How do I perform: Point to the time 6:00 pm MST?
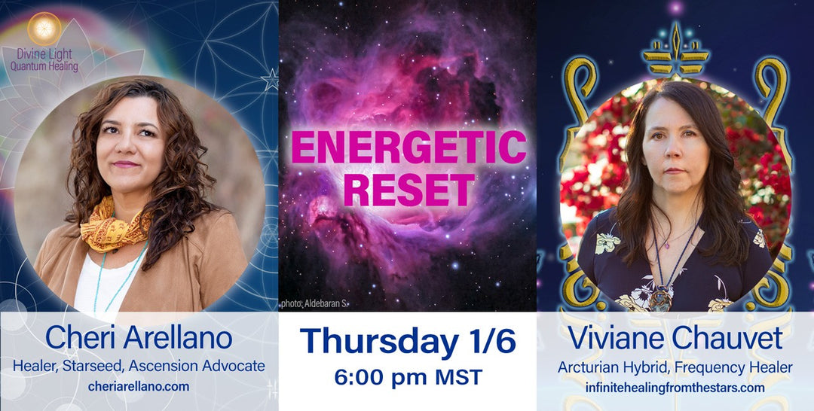click(408, 376)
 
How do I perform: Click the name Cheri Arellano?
click(139, 338)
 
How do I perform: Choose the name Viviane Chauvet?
click(675, 338)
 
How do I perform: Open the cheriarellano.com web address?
click(139, 386)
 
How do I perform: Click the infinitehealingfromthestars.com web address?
click(675, 388)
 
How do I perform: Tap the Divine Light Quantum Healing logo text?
click(44, 60)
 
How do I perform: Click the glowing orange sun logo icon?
click(44, 27)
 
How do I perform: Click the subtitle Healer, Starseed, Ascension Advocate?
click(139, 366)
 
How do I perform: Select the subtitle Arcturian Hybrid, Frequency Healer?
click(675, 367)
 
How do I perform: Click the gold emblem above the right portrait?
click(675, 53)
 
